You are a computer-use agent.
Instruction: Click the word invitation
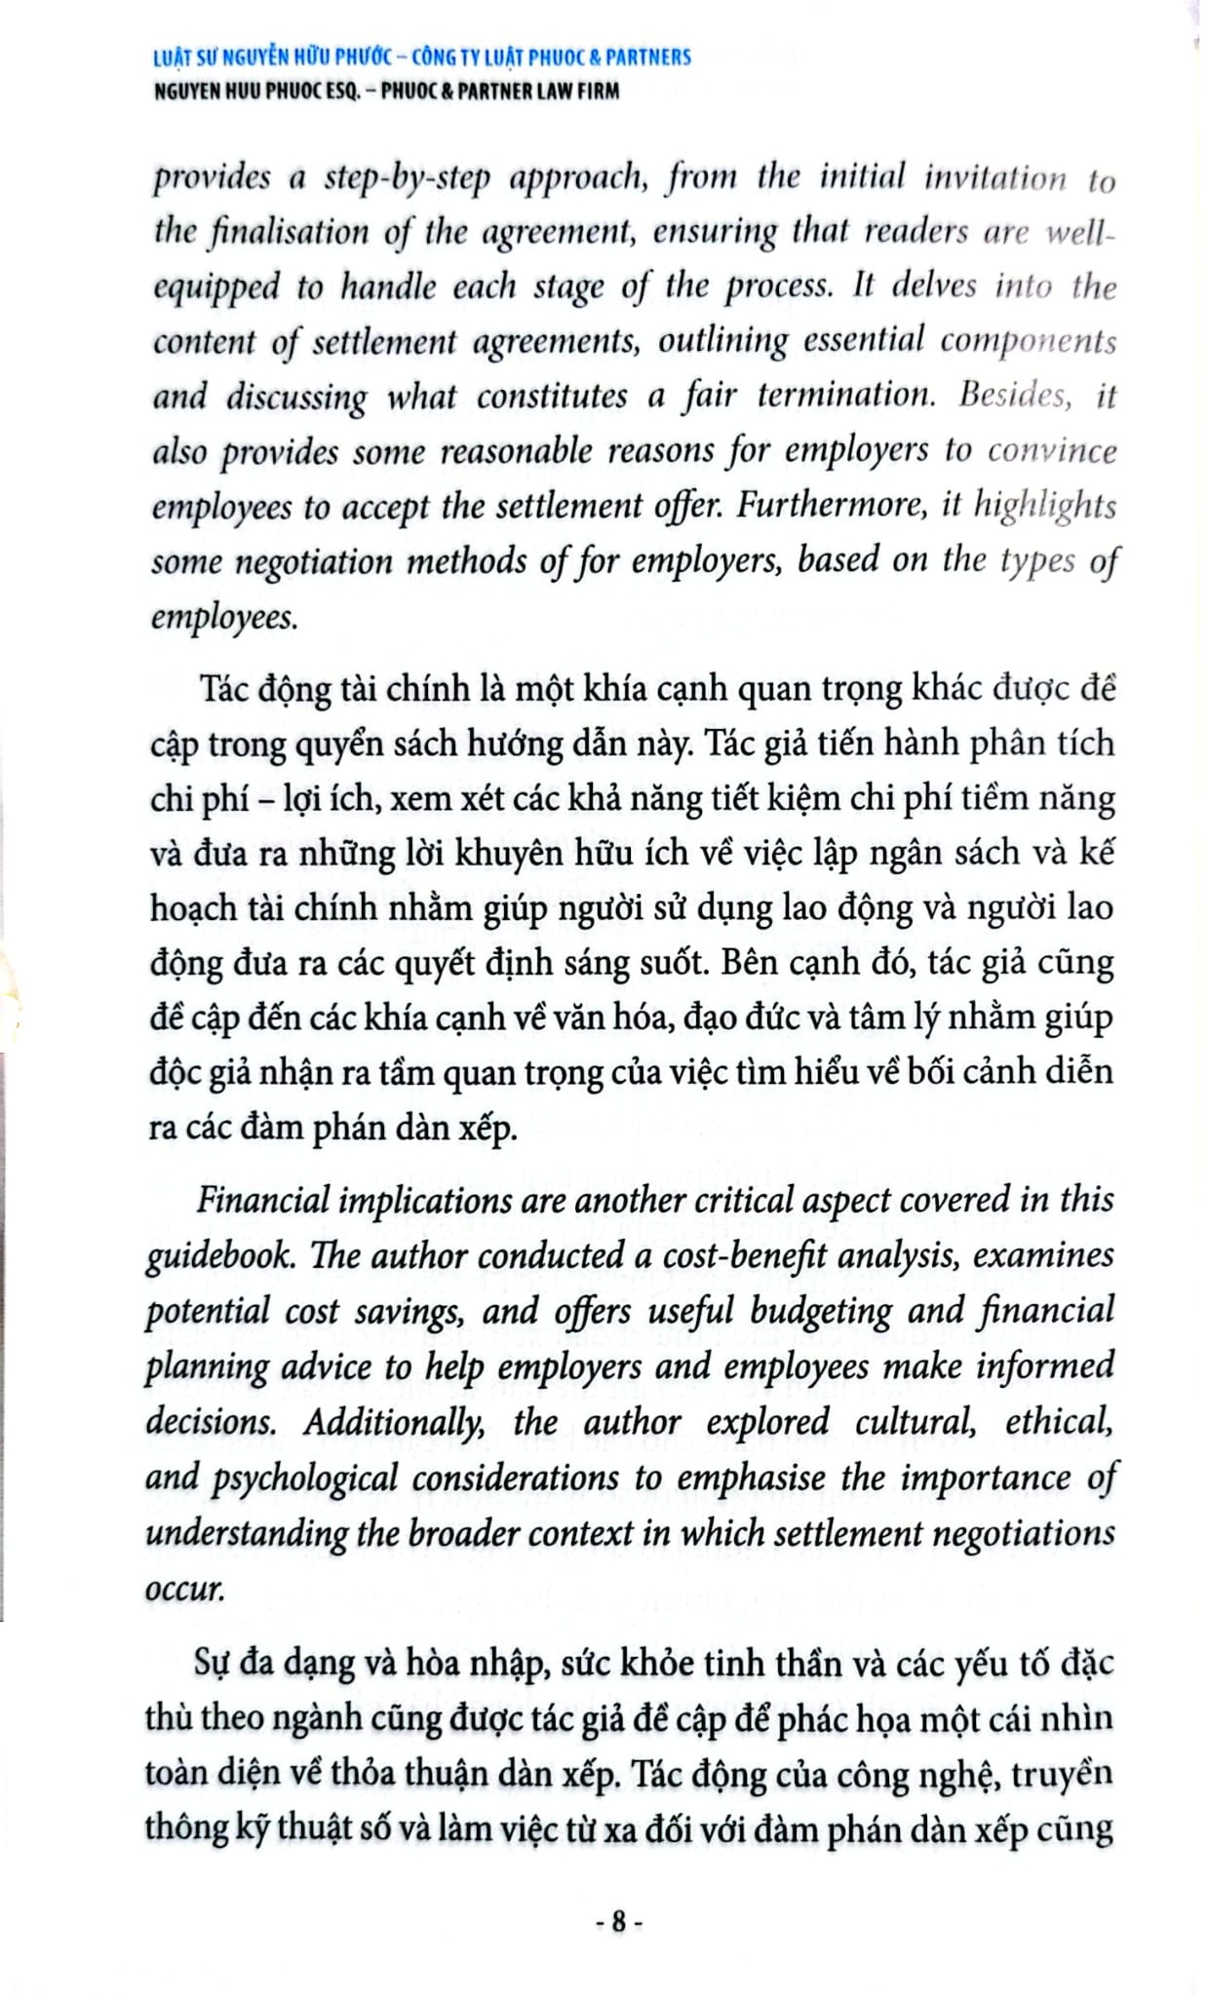pyautogui.click(x=994, y=178)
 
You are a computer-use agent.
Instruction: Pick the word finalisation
pyautogui.click(x=290, y=233)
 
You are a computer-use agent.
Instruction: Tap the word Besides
pyautogui.click(x=1015, y=395)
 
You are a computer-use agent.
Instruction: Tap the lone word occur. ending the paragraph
pyautogui.click(x=185, y=1589)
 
